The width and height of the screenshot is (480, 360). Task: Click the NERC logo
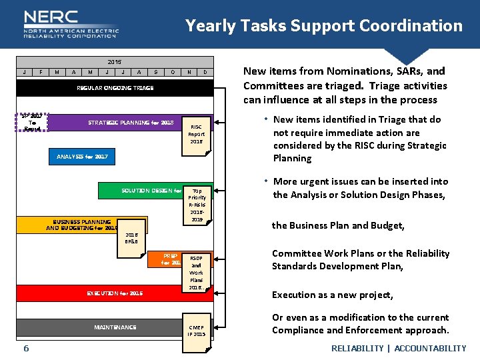(71, 25)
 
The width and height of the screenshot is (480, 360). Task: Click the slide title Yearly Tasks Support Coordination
(323, 26)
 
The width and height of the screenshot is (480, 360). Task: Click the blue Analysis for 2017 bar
(81, 157)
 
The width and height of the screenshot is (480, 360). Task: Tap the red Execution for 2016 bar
(115, 293)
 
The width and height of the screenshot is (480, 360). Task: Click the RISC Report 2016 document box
(196, 134)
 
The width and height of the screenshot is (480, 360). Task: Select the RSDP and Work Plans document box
(196, 273)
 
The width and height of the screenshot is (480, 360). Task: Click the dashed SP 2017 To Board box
(31, 121)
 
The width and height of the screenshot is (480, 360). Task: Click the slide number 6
(26, 349)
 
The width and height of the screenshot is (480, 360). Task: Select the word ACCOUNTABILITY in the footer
(430, 349)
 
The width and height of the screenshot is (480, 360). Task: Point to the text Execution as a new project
(332, 295)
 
